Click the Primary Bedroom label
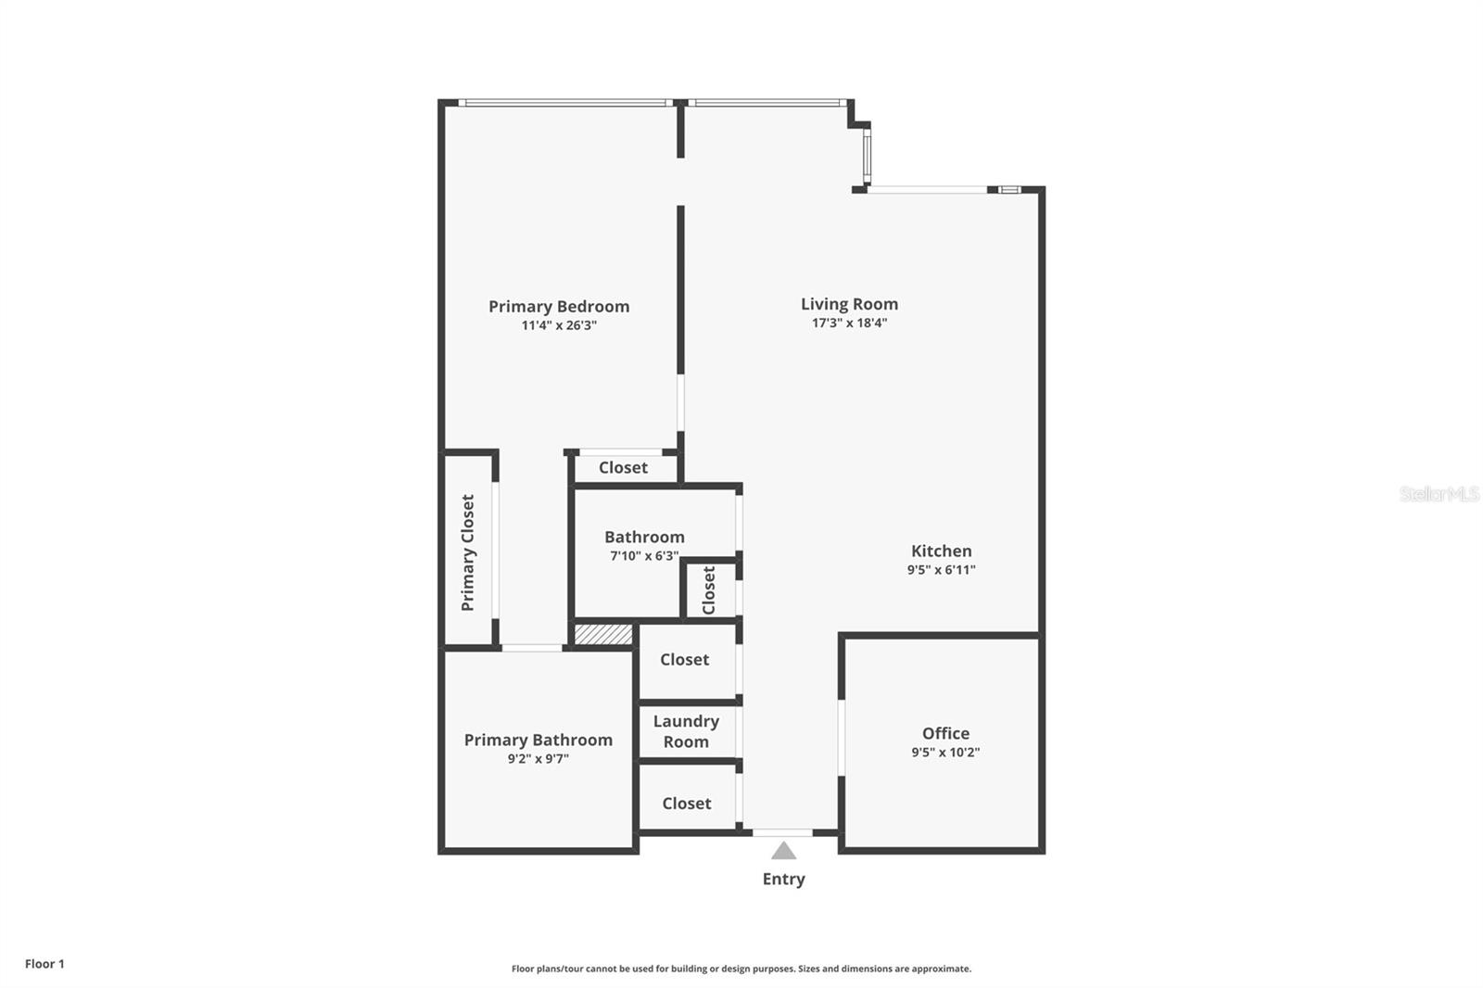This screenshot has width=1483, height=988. click(559, 307)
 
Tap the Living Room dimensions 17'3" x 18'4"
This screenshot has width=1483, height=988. click(849, 323)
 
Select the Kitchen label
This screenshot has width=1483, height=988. click(941, 551)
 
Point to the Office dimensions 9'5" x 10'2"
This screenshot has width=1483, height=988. click(945, 753)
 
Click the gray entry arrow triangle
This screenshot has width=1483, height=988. click(784, 851)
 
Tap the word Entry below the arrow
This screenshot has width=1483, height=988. click(784, 879)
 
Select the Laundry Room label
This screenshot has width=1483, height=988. click(686, 731)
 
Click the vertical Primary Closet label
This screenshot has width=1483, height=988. click(468, 552)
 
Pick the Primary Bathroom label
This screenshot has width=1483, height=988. click(538, 740)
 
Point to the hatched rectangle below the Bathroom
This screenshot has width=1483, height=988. click(603, 635)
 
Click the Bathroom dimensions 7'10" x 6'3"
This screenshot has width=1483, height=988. click(644, 556)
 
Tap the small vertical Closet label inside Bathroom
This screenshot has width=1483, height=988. click(709, 590)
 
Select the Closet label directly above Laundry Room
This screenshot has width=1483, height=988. click(684, 660)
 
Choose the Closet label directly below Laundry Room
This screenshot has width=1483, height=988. click(686, 804)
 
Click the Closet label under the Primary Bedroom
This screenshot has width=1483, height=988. click(623, 468)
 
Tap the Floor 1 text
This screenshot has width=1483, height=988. click(44, 964)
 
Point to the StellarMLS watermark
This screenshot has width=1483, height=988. click(1439, 494)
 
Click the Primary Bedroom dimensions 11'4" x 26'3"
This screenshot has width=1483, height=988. click(559, 325)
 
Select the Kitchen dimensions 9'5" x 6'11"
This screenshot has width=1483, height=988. click(941, 570)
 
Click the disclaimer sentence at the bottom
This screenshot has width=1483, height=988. click(741, 969)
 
